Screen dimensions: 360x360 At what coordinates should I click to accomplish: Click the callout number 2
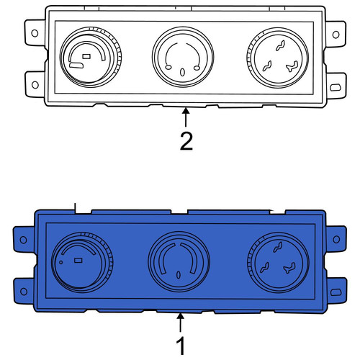pos(186,142)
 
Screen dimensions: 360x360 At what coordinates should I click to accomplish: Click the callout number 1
pos(181,346)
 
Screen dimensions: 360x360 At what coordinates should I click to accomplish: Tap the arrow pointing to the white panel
pos(186,117)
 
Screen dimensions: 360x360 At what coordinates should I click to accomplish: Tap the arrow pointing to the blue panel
pos(181,323)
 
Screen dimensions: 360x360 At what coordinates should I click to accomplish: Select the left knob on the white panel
pos(91,57)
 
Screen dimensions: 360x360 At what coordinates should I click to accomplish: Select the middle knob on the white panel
pos(183,58)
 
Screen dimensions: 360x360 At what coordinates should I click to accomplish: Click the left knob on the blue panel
pos(82,262)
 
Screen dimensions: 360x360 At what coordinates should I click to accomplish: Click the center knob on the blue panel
pos(179,262)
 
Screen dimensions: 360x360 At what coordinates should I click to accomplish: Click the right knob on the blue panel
pos(278,263)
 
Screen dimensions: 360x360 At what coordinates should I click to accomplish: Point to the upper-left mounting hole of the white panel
pos(35,33)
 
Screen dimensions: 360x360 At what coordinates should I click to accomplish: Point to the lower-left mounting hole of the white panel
pos(35,85)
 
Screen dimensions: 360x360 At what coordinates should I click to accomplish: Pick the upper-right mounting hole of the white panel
pos(336,35)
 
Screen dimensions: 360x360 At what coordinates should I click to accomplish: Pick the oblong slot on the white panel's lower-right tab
pos(336,87)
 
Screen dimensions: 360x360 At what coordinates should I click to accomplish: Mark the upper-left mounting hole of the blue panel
pos(23,240)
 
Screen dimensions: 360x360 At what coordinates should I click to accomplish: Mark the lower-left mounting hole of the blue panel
pos(24,292)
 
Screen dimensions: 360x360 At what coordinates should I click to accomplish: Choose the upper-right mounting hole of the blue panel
pos(336,239)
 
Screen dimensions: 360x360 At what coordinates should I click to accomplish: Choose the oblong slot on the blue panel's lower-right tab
pos(336,292)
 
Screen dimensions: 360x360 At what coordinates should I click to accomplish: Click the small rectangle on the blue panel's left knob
pos(78,261)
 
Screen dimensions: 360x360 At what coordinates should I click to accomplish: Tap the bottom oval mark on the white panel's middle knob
pos(182,73)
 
